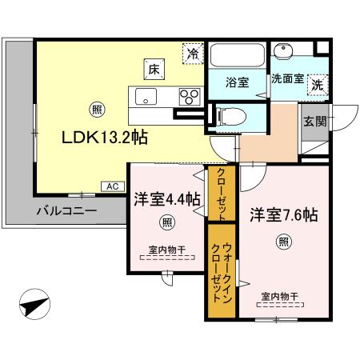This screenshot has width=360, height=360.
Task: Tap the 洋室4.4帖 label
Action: pyautogui.click(x=166, y=201)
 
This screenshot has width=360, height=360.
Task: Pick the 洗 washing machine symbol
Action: pyautogui.click(x=318, y=82)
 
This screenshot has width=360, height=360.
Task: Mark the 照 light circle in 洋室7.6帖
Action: pyautogui.click(x=283, y=241)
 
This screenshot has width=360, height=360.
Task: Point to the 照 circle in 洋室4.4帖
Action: pyautogui.click(x=166, y=222)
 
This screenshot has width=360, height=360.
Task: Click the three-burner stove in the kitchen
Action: pyautogui.click(x=190, y=97)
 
